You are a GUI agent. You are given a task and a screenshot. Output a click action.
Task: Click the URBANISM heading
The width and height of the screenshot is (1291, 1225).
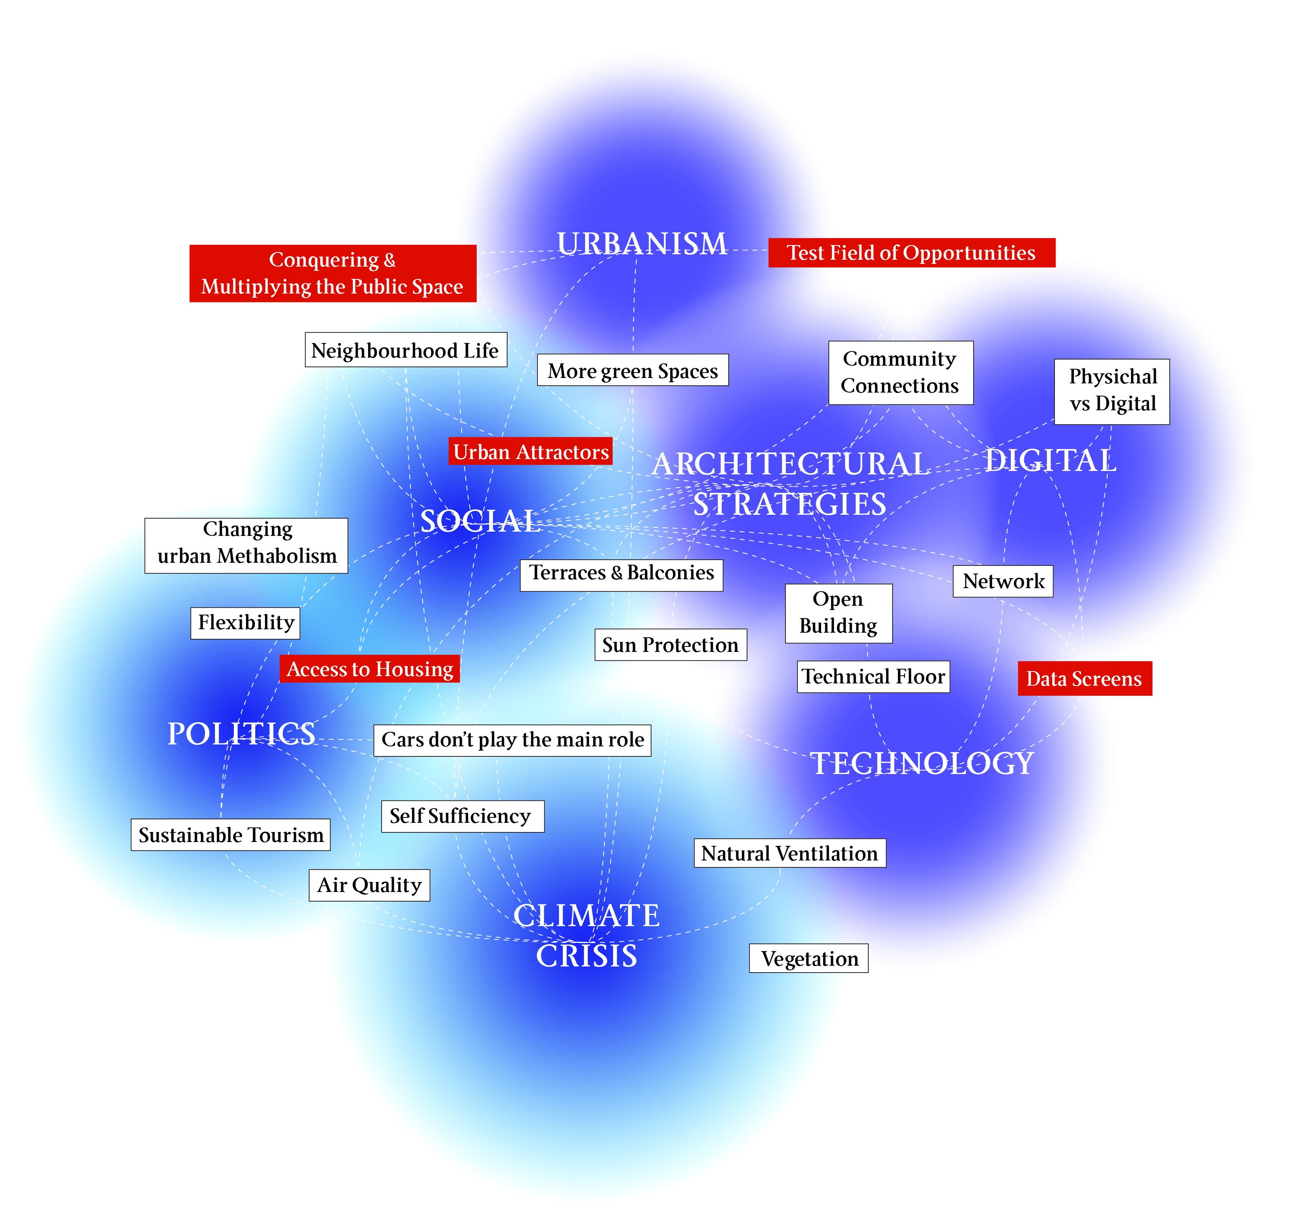[x=641, y=244]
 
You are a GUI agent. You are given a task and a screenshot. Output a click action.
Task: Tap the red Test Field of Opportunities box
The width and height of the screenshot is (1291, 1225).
[x=911, y=253]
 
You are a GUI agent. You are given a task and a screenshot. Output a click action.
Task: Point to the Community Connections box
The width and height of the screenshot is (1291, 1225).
[x=900, y=372]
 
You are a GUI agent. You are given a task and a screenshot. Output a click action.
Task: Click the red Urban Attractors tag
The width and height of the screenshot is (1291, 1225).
[x=530, y=451]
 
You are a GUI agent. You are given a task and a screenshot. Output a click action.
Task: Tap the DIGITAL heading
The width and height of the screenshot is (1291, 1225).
[x=1050, y=460]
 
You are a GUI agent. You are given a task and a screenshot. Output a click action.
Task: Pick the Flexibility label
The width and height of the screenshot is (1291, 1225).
[x=245, y=622]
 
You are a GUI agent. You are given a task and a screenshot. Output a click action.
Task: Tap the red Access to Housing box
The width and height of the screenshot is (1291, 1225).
[x=369, y=669]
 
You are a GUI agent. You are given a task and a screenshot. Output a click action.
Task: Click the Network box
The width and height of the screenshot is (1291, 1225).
[x=1003, y=581]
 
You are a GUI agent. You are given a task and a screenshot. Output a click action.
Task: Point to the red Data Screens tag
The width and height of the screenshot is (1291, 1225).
[x=1084, y=678]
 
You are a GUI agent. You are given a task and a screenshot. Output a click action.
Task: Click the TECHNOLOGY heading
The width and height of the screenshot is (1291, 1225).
[x=922, y=763]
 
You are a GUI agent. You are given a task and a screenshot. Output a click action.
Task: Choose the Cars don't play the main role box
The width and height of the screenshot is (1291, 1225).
[x=512, y=740]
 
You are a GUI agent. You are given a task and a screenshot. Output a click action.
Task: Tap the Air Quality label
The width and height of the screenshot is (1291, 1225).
[x=369, y=885]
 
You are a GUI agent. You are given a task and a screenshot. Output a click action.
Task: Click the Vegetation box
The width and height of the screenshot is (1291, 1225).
[x=809, y=958]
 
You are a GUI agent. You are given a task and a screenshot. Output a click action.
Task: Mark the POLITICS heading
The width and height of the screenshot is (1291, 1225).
[x=241, y=734]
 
